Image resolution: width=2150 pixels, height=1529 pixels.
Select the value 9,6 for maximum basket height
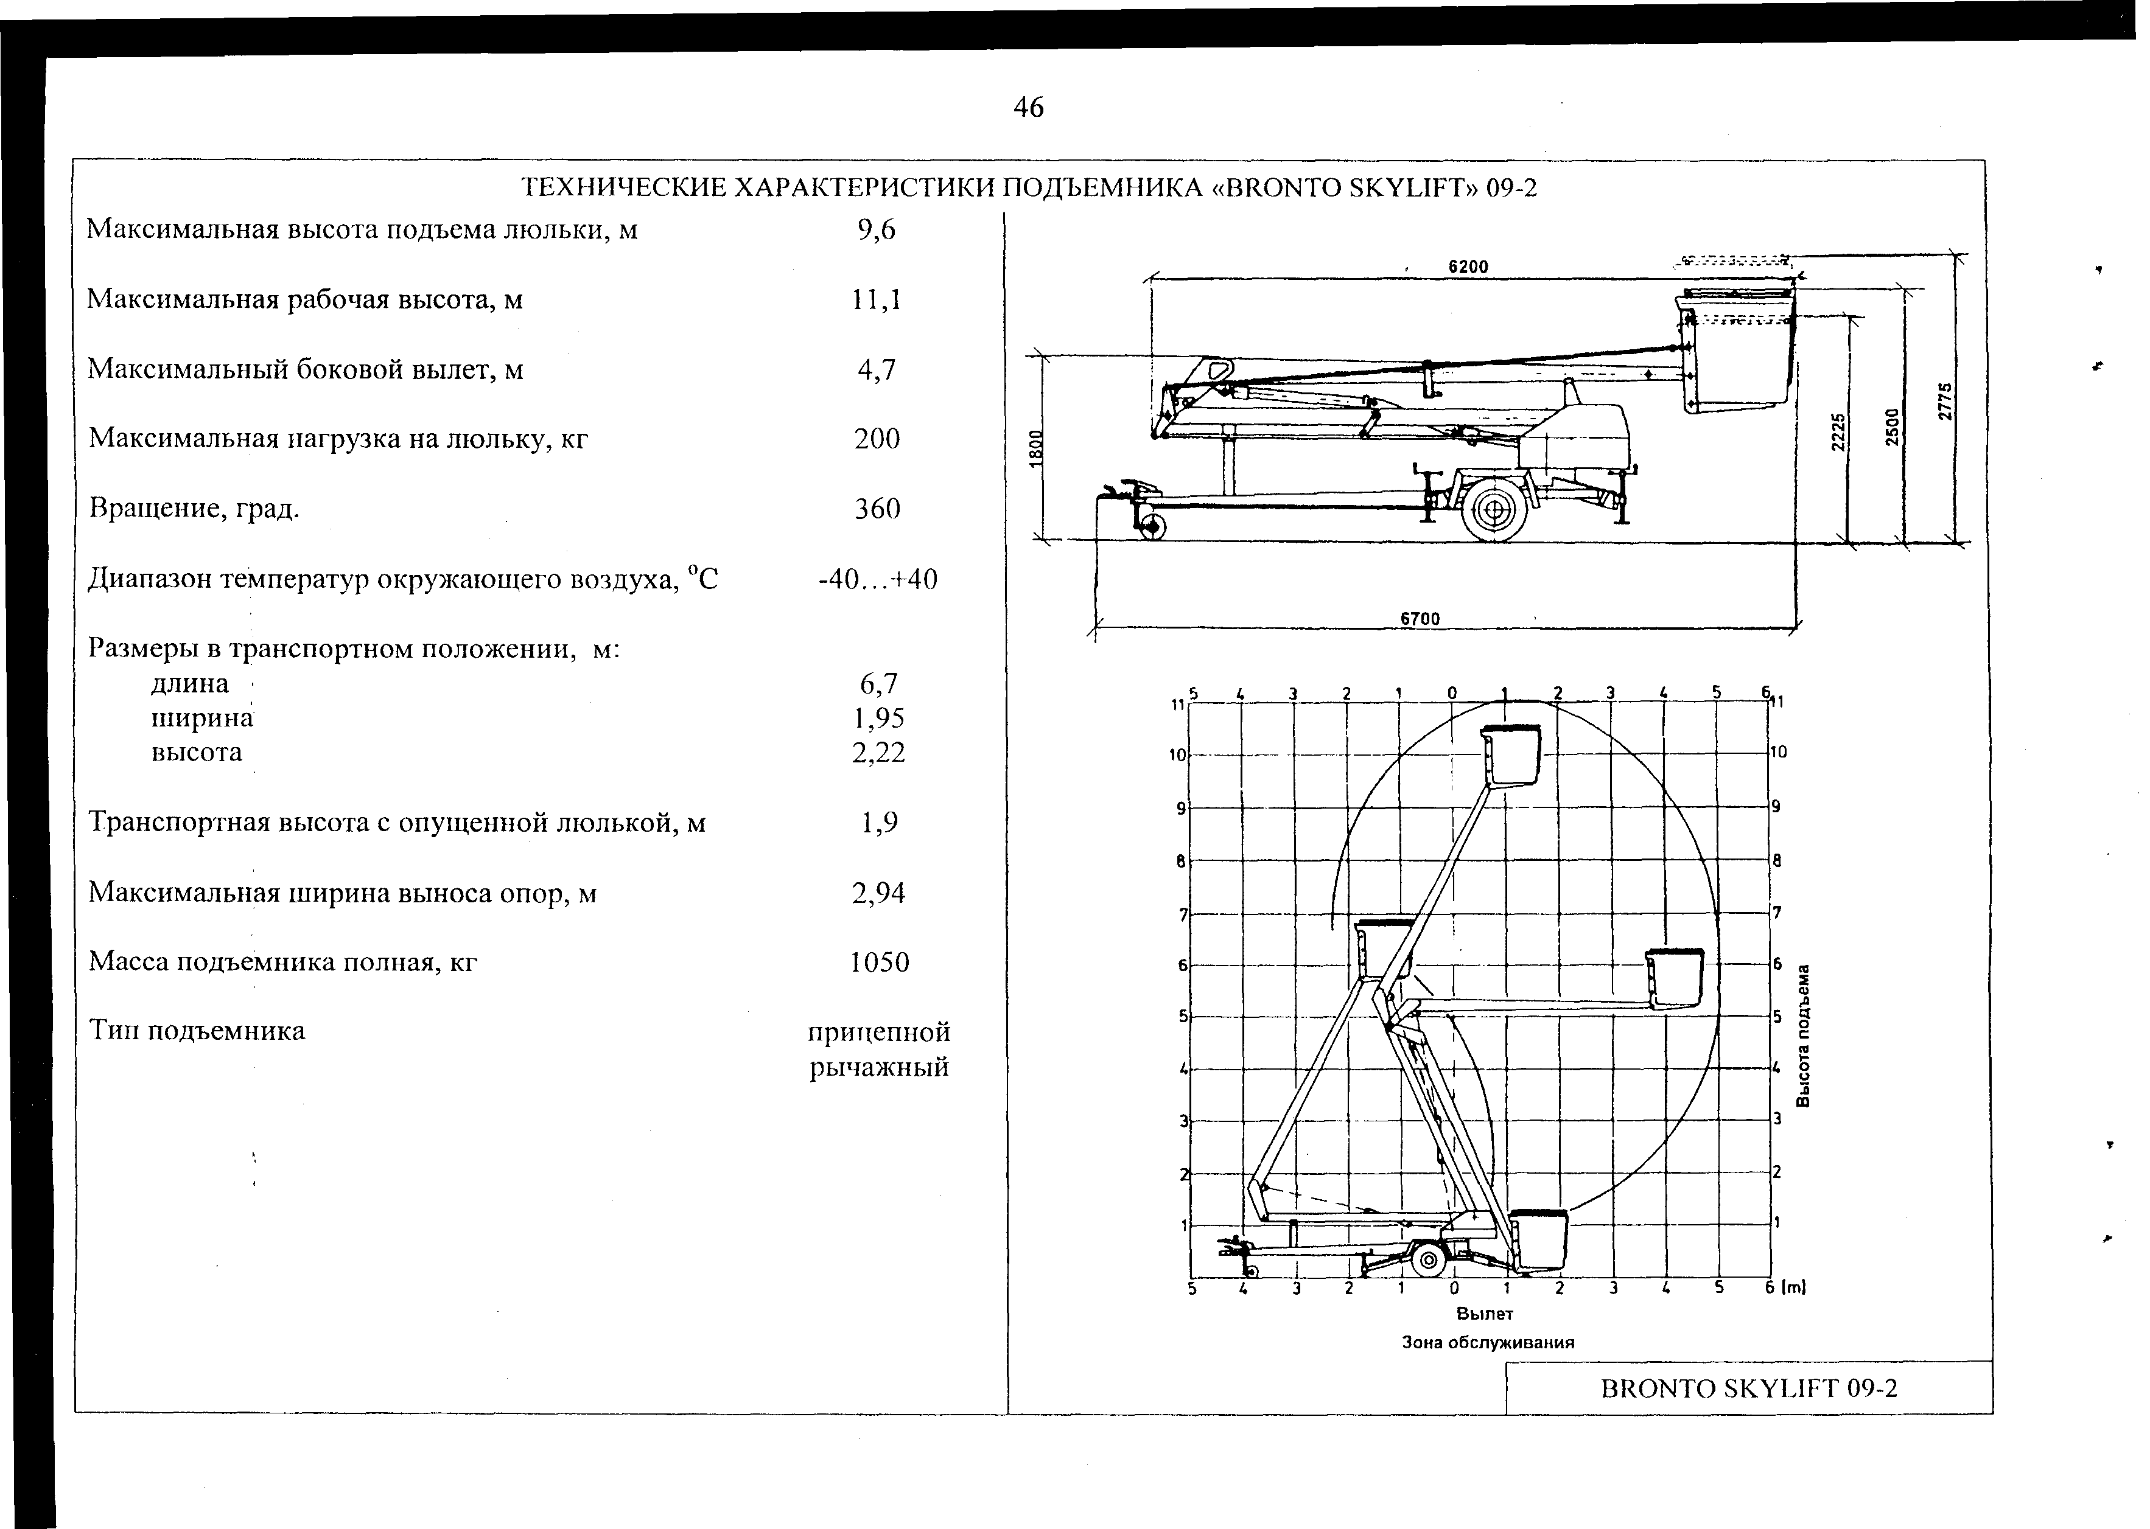pyautogui.click(x=876, y=230)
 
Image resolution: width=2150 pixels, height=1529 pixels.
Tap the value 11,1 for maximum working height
pyautogui.click(x=876, y=299)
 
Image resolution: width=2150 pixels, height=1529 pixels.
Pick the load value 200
pyautogui.click(x=877, y=439)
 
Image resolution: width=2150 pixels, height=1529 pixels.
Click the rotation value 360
pyautogui.click(x=877, y=509)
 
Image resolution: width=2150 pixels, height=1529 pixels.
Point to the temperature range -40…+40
pyautogui.click(x=878, y=578)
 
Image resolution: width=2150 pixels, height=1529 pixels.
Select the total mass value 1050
pyautogui.click(x=878, y=962)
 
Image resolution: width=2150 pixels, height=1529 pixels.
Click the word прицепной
pyautogui.click(x=878, y=1032)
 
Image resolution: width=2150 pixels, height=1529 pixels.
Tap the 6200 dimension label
pyautogui.click(x=1468, y=267)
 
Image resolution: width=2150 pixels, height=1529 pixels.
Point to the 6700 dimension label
pyautogui.click(x=1420, y=619)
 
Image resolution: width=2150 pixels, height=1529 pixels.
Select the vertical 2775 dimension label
pyautogui.click(x=1947, y=400)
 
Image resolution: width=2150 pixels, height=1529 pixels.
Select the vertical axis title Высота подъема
pyautogui.click(x=1804, y=1036)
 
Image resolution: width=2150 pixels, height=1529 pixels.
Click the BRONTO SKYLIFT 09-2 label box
pyautogui.click(x=1749, y=1388)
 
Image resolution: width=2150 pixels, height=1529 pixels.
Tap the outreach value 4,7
pyautogui.click(x=876, y=369)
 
